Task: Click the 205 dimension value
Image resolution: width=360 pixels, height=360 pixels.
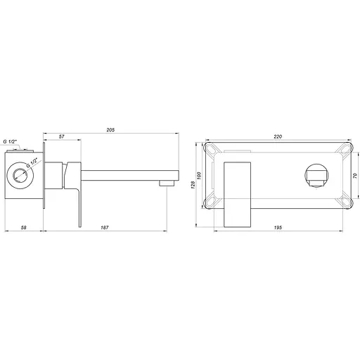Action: [x=111, y=130]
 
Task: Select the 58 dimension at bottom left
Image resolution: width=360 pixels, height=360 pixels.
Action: [x=23, y=229]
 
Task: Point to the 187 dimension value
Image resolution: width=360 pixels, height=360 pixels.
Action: [x=105, y=229]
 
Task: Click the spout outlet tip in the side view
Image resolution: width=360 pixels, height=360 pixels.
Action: [x=167, y=182]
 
